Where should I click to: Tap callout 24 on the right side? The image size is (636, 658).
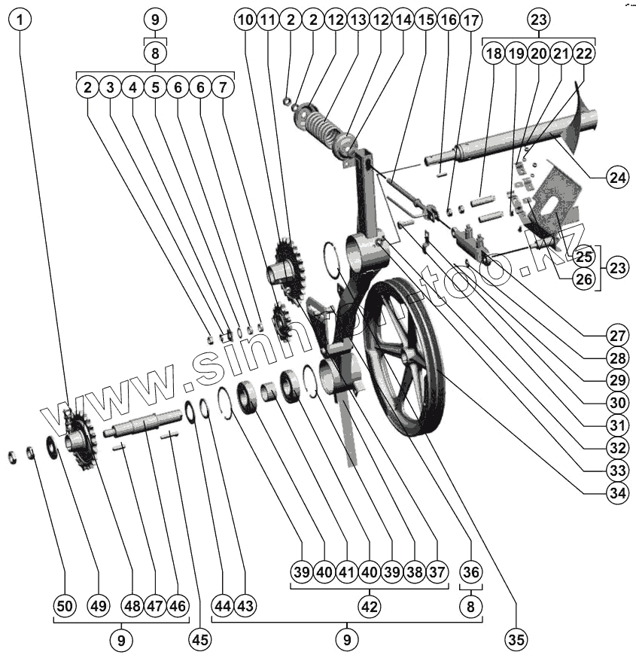click(617, 178)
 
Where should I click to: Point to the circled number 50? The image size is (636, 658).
click(65, 605)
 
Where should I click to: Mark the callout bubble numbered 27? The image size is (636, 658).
click(617, 334)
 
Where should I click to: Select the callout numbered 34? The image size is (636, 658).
click(617, 493)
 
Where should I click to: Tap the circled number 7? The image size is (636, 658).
click(223, 87)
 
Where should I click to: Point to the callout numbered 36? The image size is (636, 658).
click(470, 571)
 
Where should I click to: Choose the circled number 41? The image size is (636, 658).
click(346, 571)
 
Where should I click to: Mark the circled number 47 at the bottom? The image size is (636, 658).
click(155, 605)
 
